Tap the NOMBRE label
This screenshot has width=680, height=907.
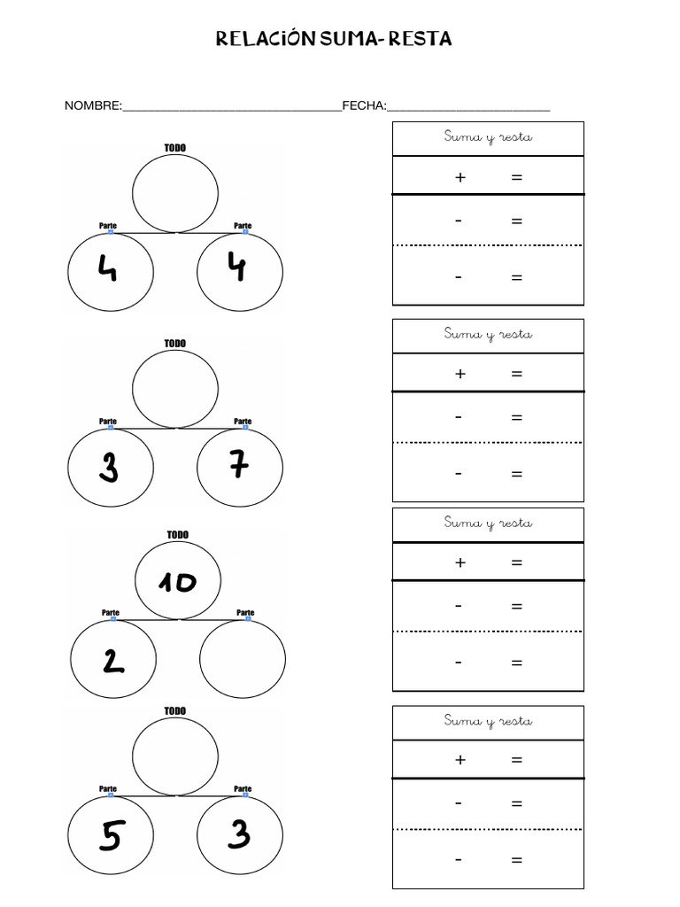tap(93, 106)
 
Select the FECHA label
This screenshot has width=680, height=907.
tap(364, 106)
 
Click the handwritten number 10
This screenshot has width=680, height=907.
tap(177, 582)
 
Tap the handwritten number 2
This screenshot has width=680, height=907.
tap(113, 661)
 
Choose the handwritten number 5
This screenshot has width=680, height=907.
tap(111, 836)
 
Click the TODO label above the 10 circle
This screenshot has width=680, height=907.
tap(177, 535)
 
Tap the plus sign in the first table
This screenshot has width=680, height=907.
tap(460, 177)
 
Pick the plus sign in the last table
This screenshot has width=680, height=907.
tap(460, 760)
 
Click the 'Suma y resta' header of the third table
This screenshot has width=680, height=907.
tap(488, 523)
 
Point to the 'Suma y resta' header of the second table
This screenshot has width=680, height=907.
tap(488, 334)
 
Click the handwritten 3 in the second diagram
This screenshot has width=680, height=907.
tap(109, 467)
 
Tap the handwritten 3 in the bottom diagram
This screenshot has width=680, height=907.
tap(239, 834)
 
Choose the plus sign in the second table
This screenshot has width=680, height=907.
tap(460, 375)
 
